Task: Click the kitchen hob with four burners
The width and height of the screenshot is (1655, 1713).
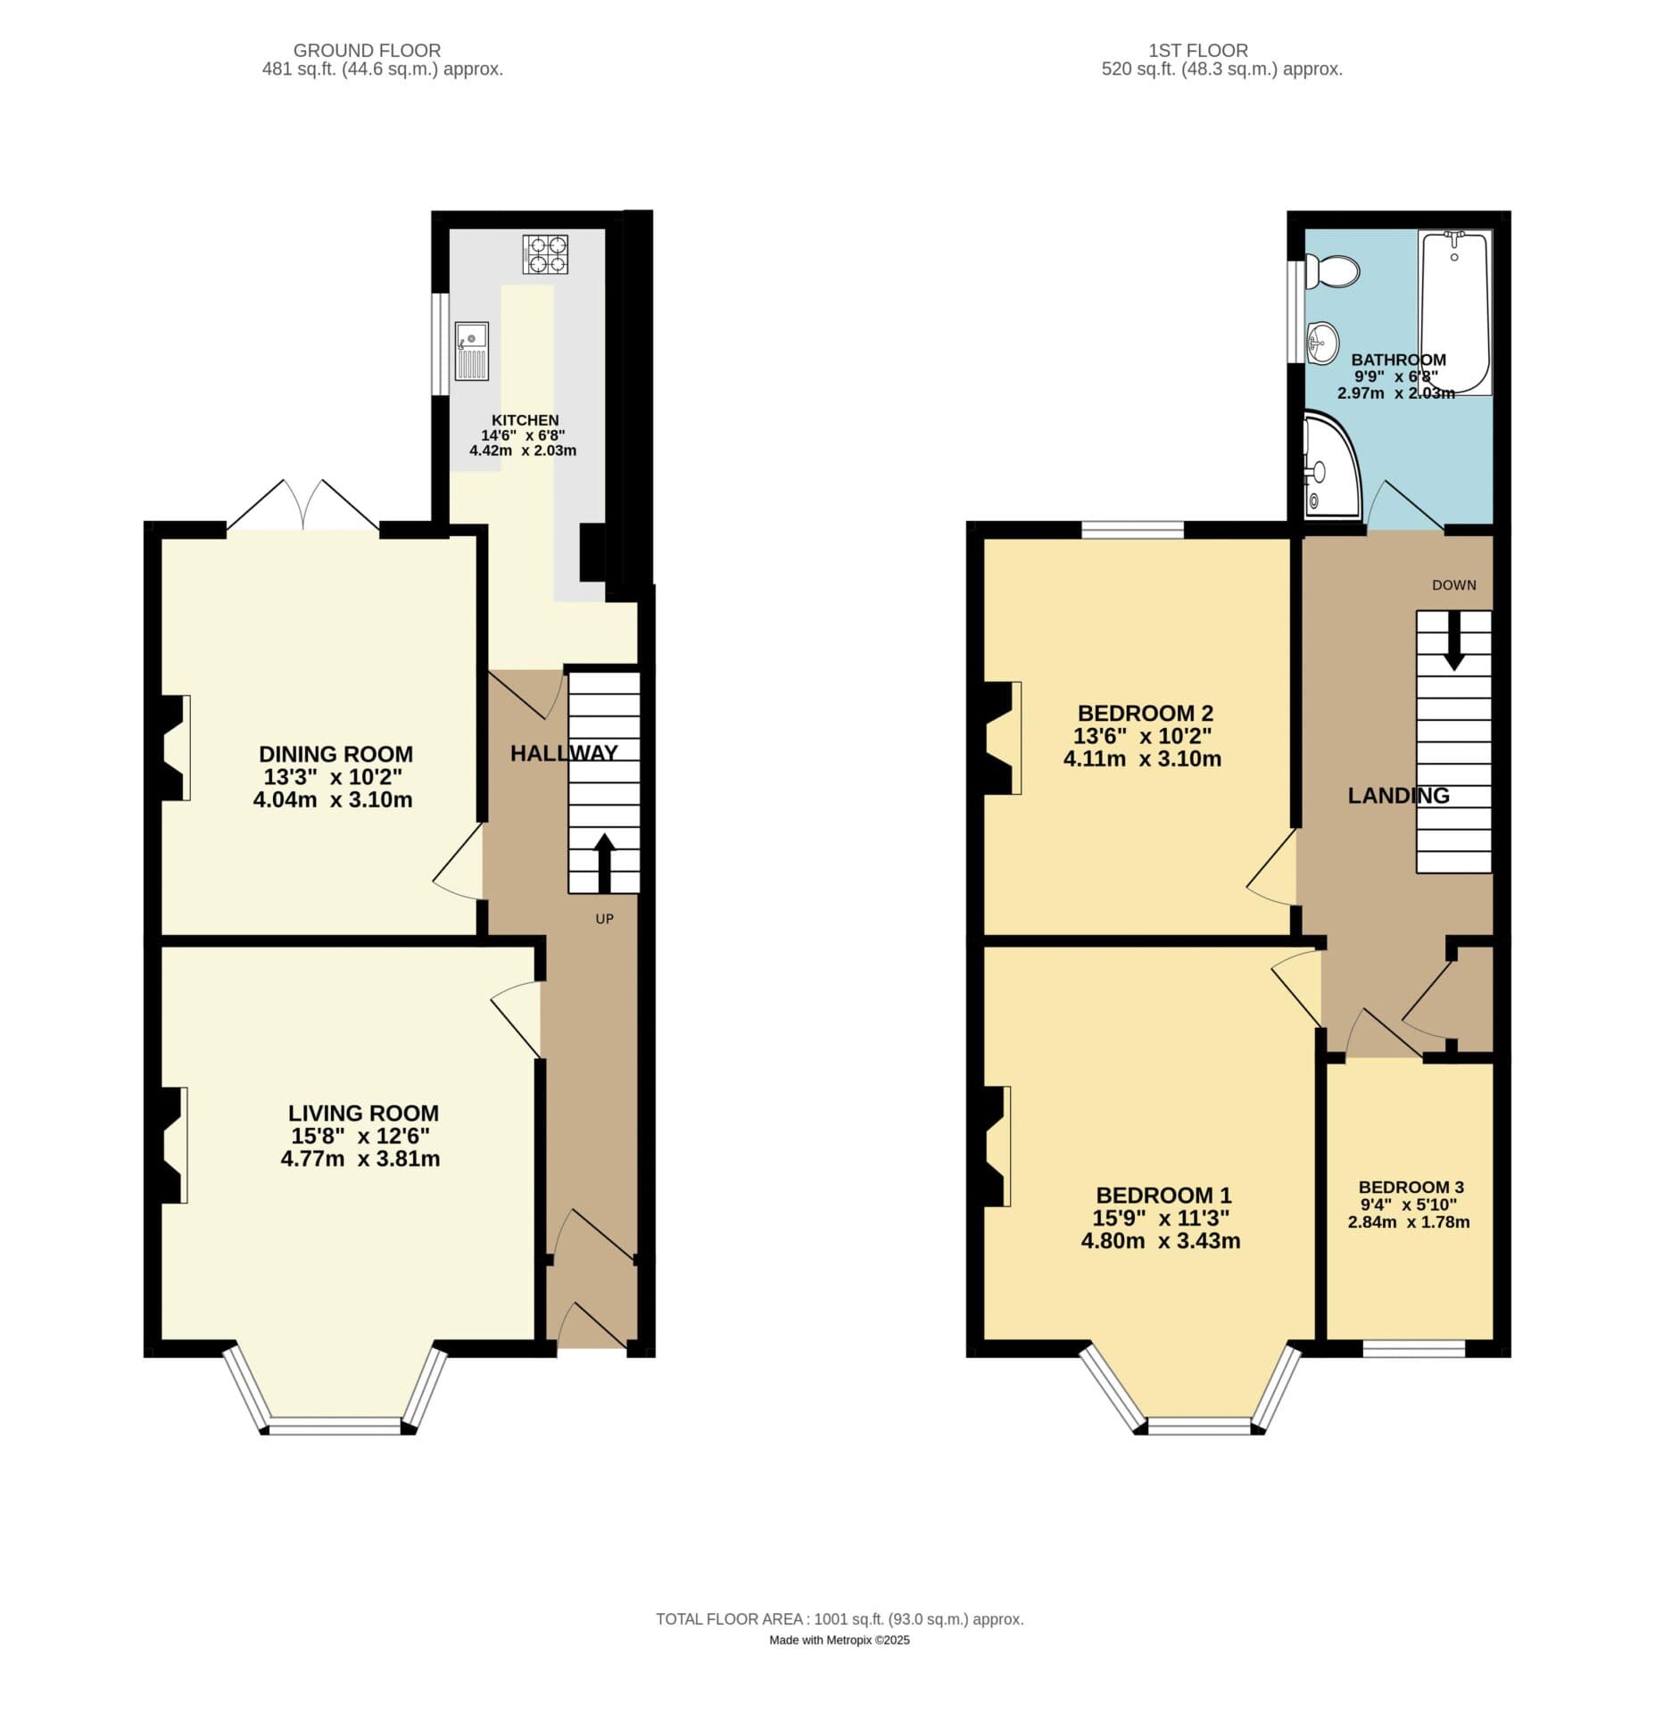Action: [x=544, y=253]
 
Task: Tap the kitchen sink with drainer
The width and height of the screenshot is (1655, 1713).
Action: [x=471, y=351]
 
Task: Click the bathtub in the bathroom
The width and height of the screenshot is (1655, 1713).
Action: [x=1453, y=312]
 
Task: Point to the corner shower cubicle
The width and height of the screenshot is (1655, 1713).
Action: [x=1328, y=467]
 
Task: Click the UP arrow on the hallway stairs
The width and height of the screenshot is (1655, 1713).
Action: [x=604, y=862]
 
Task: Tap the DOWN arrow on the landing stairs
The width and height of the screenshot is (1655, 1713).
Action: [x=1453, y=641]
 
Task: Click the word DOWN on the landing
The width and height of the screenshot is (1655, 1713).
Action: [x=1453, y=585]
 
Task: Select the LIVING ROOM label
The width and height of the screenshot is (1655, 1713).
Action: [x=363, y=1113]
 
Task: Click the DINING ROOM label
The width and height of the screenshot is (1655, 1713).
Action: [x=335, y=754]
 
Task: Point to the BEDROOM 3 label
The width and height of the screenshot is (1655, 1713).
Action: [x=1410, y=1187]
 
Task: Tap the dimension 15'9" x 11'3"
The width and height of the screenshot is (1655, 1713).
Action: [x=1160, y=1218]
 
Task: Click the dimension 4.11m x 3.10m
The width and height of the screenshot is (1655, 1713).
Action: [x=1141, y=759]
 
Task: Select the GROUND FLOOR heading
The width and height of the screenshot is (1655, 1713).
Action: [x=367, y=51]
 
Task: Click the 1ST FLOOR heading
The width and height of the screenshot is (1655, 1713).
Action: [x=1198, y=51]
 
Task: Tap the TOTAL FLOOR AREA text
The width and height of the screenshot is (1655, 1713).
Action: [x=839, y=1619]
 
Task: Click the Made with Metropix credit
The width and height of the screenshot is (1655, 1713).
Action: [x=839, y=1640]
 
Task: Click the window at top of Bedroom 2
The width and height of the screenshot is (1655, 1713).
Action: [x=1132, y=529]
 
